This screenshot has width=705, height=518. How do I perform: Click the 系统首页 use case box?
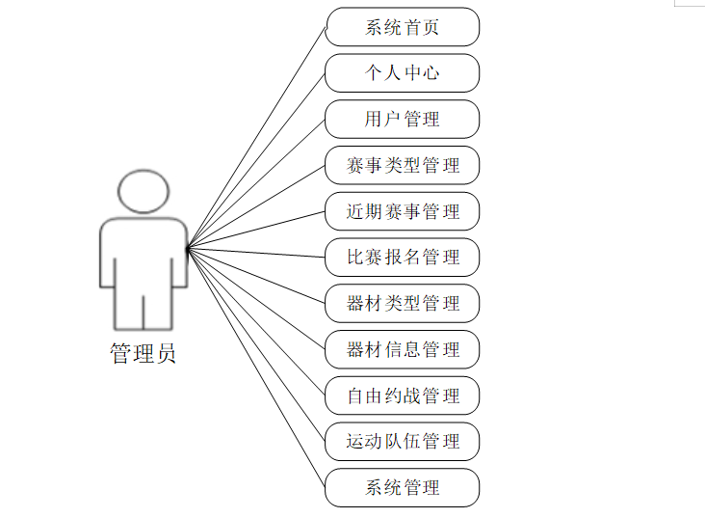tap(402, 27)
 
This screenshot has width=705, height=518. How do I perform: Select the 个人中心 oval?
tap(402, 73)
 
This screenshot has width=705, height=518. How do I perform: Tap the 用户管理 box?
tap(402, 119)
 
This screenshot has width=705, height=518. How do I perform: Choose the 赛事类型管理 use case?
tap(402, 165)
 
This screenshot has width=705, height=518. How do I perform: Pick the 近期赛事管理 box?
tap(402, 211)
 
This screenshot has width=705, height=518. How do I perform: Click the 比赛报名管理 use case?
tap(402, 257)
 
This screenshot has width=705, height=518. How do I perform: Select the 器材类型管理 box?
tap(402, 303)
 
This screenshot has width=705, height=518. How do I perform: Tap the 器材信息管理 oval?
tap(402, 349)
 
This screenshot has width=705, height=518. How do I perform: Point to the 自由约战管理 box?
tap(402, 395)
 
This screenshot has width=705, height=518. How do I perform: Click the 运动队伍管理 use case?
tap(402, 441)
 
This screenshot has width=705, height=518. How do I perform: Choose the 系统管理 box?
tap(402, 487)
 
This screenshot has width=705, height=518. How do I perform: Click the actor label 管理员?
tap(143, 354)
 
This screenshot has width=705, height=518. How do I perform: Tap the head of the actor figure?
tap(144, 193)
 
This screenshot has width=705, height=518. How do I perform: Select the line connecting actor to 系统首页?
tap(256, 138)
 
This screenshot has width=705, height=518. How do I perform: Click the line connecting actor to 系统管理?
tap(256, 368)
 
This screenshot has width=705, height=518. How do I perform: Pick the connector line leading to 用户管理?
tap(256, 184)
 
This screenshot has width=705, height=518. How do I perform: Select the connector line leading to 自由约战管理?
tap(256, 322)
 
